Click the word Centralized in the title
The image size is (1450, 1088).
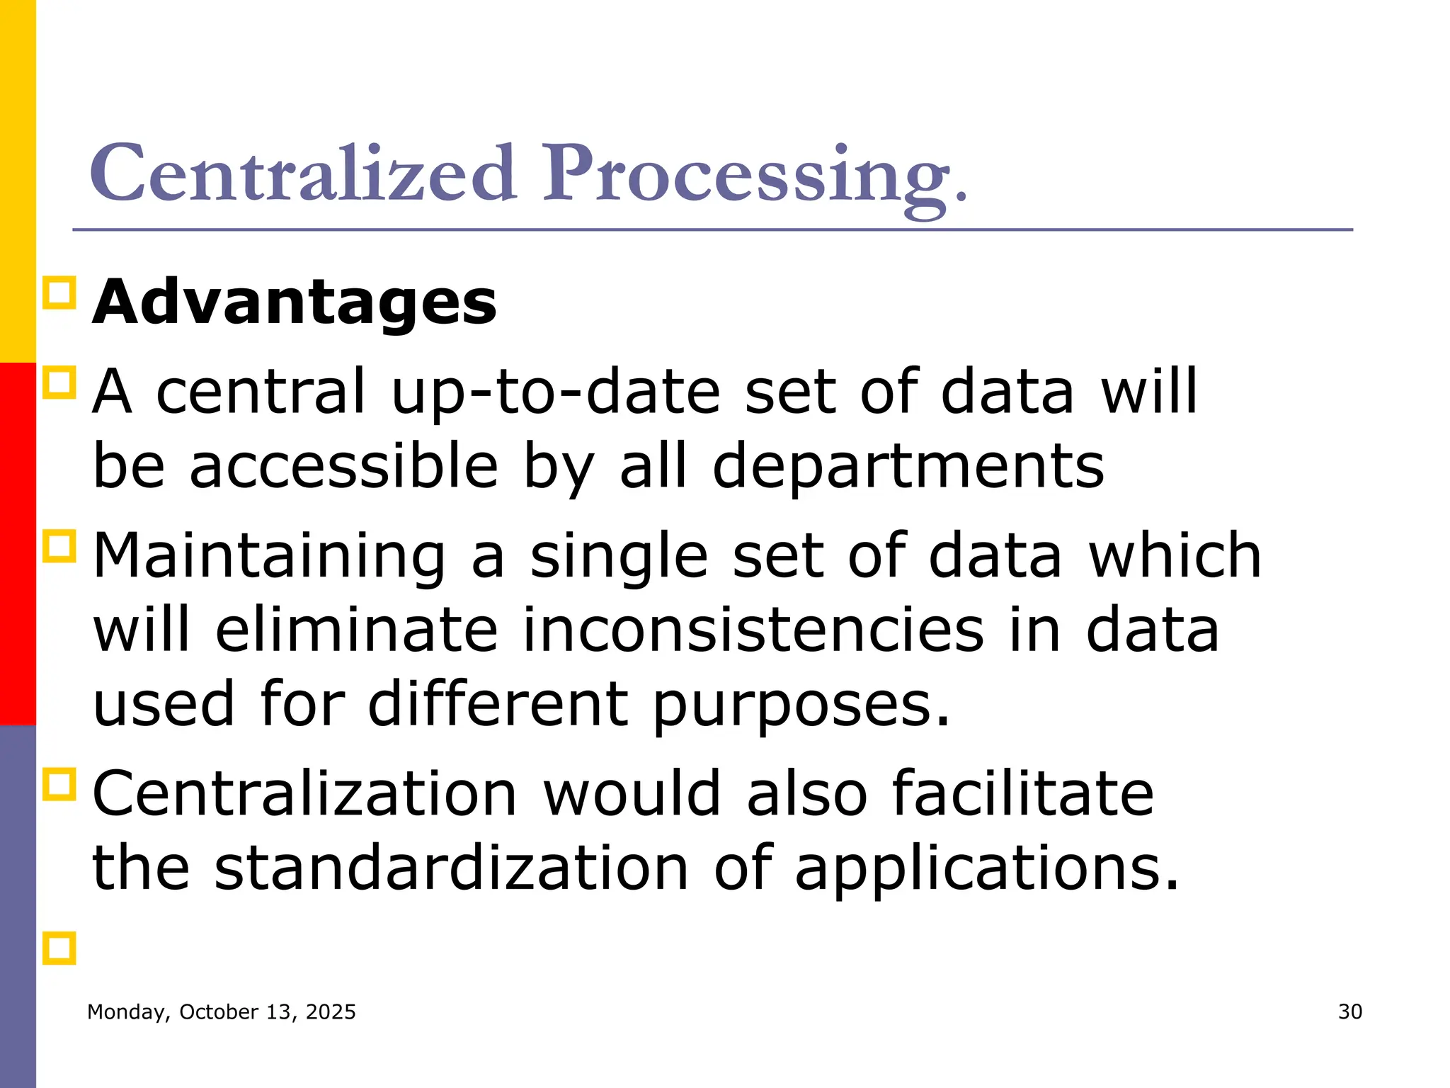click(x=302, y=174)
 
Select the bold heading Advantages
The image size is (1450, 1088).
click(x=295, y=302)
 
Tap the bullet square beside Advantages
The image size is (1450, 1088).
click(x=59, y=293)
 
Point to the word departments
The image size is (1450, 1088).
click(x=908, y=467)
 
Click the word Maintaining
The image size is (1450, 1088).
click(x=270, y=557)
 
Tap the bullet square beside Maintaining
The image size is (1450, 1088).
click(x=59, y=547)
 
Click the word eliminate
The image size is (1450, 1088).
click(x=357, y=630)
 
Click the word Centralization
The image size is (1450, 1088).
click(x=305, y=794)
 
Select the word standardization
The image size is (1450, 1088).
click(x=452, y=868)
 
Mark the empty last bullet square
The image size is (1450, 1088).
click(x=59, y=948)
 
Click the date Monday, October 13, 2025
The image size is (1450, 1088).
click(x=222, y=1012)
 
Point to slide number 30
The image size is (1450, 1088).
click(x=1350, y=1012)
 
